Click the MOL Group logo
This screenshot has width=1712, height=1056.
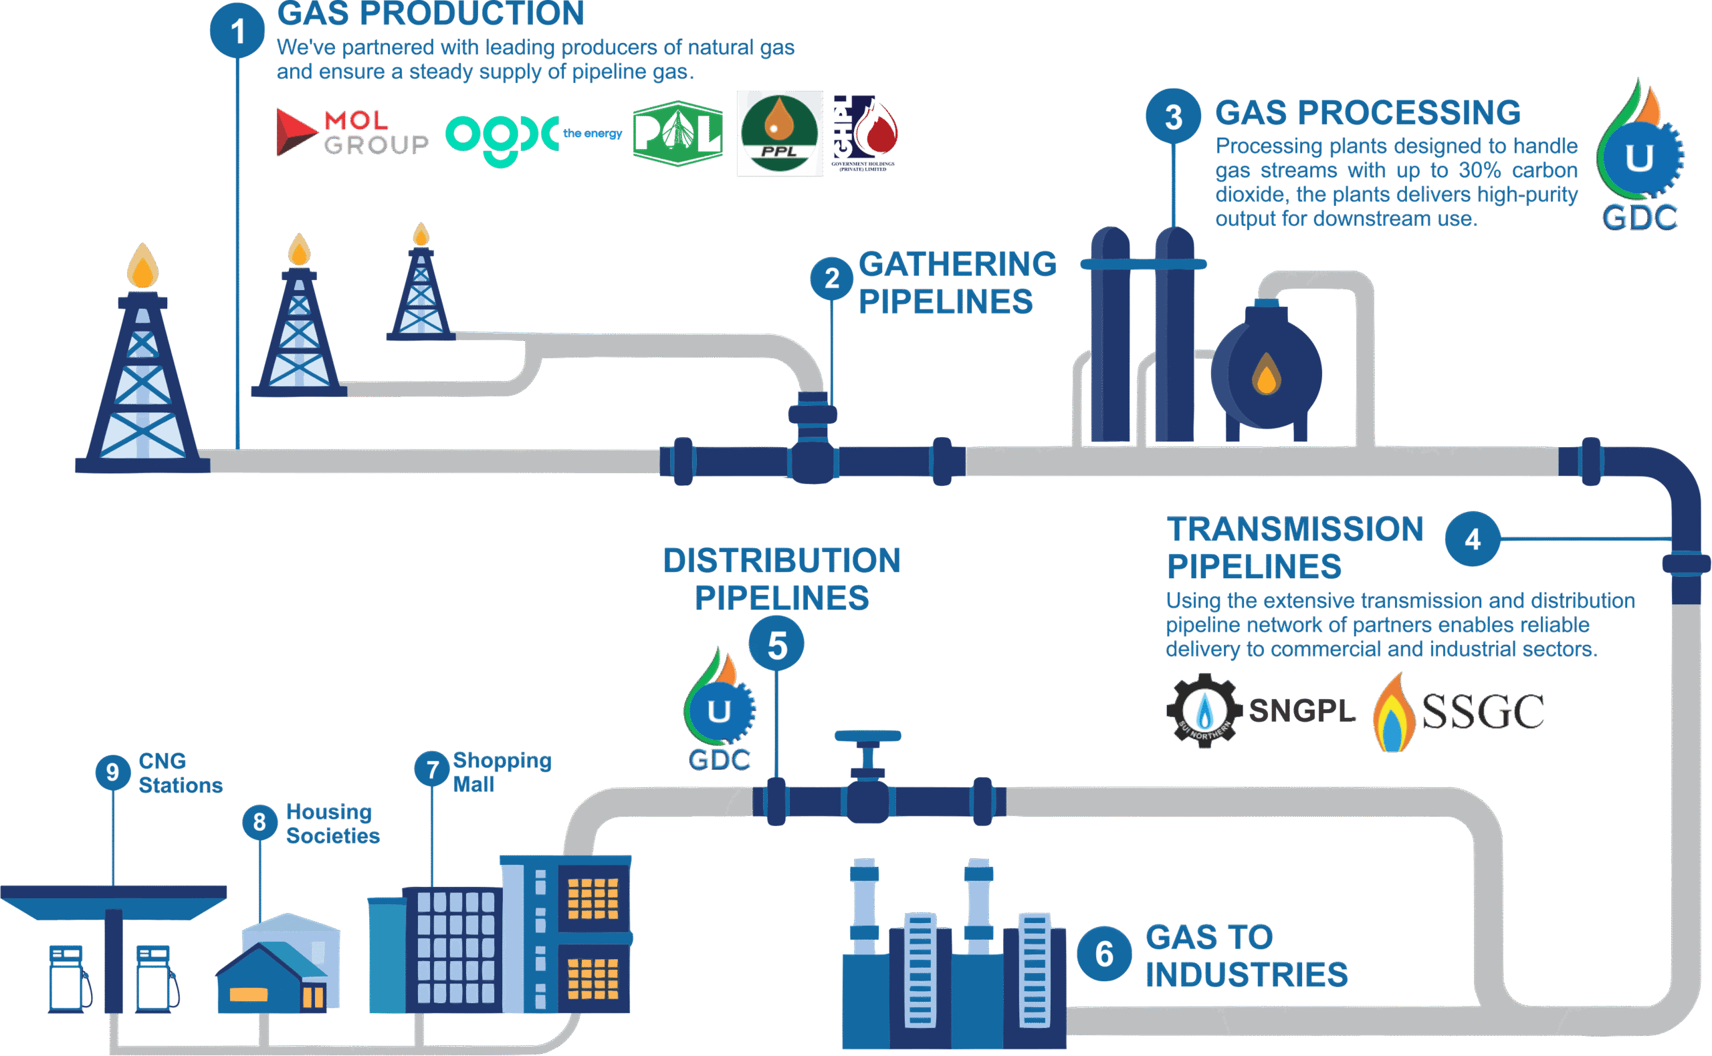pos(352,132)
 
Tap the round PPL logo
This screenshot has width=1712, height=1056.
pos(779,134)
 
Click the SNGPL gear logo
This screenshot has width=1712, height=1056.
pos(1204,710)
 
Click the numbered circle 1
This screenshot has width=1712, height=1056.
pos(237,31)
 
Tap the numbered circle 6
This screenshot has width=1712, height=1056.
pos(1104,954)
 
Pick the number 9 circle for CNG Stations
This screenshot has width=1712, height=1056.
pos(112,772)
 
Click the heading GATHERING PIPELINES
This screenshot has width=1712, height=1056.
pos(956,283)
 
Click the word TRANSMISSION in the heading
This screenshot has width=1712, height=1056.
pos(1294,529)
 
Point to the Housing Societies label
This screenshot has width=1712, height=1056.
pos(332,824)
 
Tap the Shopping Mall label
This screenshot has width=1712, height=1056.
pos(501,772)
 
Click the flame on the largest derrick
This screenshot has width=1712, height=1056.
pos(142,267)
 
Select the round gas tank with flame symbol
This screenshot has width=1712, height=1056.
pos(1265,374)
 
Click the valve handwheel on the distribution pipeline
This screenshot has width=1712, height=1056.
pos(867,736)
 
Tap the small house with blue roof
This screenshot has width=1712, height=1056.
pos(271,974)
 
